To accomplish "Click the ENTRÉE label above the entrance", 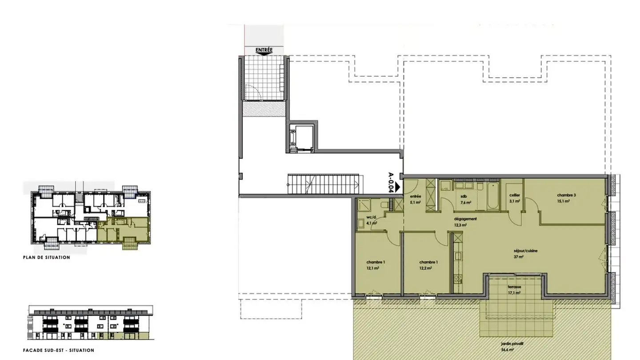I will [x=264, y=50].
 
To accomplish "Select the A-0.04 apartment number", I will [x=391, y=182].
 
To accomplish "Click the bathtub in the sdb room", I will [x=492, y=196].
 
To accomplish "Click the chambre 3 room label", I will [x=567, y=195].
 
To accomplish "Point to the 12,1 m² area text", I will [x=372, y=268].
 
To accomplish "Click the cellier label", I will [x=515, y=195].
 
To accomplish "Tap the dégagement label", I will [x=465, y=219].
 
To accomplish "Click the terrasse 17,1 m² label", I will [x=515, y=290].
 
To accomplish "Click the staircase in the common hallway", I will [x=323, y=184].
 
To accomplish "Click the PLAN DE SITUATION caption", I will [x=47, y=257].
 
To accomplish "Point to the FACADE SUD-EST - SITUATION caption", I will [x=58, y=350].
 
